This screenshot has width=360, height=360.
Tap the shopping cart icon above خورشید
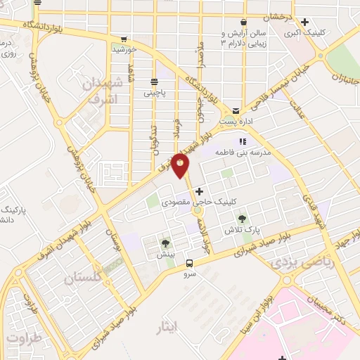(x=124, y=39)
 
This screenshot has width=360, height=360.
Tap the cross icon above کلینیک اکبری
(x=304, y=22)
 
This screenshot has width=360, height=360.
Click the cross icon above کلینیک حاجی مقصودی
(x=199, y=191)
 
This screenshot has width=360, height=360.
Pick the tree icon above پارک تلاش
(x=243, y=219)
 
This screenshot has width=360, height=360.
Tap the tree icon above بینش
(x=166, y=243)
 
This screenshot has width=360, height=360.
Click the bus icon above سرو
(x=188, y=264)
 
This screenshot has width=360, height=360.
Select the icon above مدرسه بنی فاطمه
(x=245, y=140)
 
